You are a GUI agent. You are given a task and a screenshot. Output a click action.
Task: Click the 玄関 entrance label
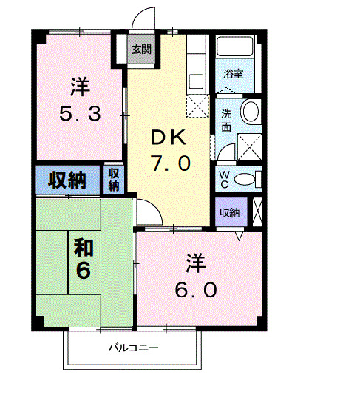pos(141,50)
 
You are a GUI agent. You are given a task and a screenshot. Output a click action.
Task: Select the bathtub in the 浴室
pos(237,48)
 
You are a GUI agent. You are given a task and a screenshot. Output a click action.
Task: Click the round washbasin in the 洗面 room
pos(251,112)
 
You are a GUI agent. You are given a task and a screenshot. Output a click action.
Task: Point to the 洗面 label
pos(226,120)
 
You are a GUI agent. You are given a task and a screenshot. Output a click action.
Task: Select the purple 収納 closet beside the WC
pos(230,212)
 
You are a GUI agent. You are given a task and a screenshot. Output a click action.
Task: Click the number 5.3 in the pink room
pos(81,115)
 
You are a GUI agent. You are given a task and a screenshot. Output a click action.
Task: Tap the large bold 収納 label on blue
pos(67,179)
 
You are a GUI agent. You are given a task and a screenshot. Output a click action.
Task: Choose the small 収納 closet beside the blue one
pos(114,179)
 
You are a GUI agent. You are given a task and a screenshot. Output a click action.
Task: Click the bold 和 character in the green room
pos(82,246)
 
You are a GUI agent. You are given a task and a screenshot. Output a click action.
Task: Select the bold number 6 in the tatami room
pos(83,271)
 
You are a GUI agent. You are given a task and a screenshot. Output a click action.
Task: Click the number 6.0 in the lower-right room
pos(195,289)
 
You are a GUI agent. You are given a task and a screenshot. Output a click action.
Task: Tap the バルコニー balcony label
pos(134,347)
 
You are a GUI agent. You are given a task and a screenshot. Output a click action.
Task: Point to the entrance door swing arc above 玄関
pos(145,18)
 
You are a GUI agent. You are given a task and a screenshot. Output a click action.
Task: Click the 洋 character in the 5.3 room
pos(80,87)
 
